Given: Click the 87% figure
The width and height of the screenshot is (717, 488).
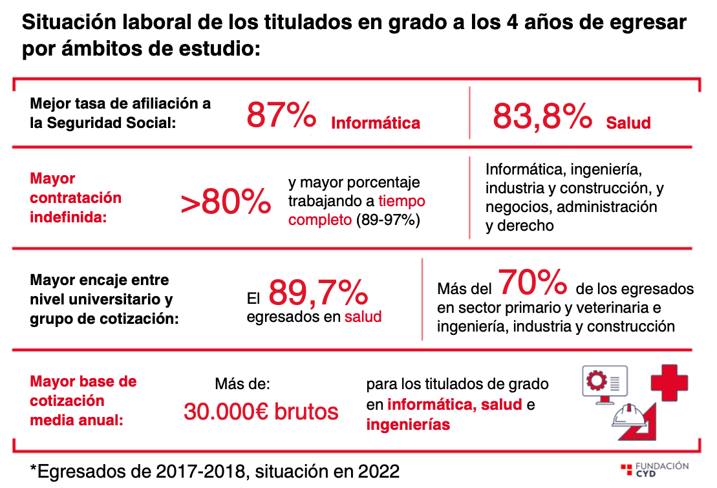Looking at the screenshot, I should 281,116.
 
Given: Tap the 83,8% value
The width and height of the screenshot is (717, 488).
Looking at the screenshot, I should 542,116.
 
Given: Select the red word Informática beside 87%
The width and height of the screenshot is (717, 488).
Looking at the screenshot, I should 376,123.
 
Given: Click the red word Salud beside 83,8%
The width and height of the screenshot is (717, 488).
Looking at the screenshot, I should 628,123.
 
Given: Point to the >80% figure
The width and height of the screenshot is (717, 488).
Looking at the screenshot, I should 226,203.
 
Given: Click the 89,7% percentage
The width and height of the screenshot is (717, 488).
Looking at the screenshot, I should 318,293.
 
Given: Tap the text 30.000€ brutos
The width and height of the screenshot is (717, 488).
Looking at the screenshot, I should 261,411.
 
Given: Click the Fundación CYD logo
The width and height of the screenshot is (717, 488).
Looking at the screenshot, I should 654,469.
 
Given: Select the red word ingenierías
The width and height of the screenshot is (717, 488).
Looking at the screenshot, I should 408,425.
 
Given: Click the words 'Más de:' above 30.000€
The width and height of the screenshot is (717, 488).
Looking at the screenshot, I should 242,384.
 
